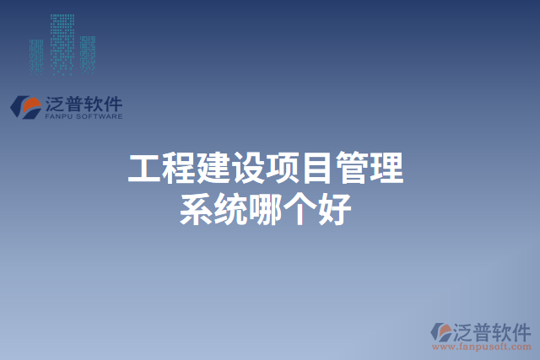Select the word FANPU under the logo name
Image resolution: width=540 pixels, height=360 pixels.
(60, 116)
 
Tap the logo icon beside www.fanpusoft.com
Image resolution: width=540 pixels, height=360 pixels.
(441, 332)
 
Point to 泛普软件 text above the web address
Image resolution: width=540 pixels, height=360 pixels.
(491, 330)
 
